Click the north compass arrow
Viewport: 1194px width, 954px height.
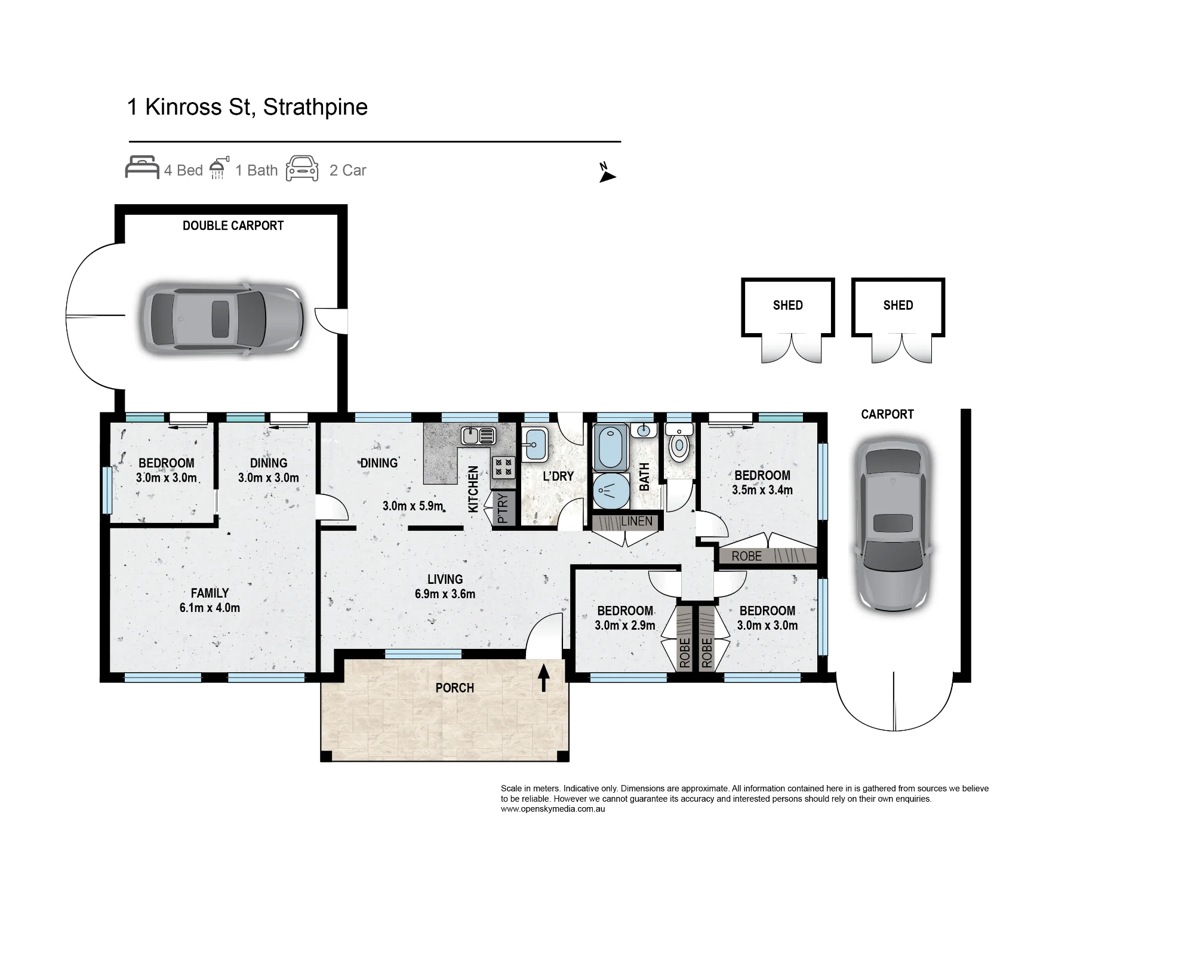coord(607,176)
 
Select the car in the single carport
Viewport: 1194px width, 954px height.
coord(893,525)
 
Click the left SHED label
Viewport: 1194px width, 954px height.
coord(787,305)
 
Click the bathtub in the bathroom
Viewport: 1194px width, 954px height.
coord(610,447)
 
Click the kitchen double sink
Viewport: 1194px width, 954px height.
coord(478,435)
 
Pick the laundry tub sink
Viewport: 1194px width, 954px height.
coord(536,444)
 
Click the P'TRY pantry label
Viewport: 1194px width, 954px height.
coord(503,507)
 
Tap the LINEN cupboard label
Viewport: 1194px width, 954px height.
coord(636,521)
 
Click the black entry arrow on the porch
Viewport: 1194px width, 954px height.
coord(544,678)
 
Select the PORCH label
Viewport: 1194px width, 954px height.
coord(454,688)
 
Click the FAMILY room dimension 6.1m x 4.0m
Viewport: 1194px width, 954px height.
coord(210,608)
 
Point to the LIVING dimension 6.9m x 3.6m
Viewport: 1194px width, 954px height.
coord(445,594)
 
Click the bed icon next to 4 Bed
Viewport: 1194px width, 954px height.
coord(142,168)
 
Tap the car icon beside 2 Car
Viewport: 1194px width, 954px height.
coord(302,168)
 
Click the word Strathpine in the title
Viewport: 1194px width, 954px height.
coord(315,107)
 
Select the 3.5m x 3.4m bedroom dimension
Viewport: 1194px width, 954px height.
coord(762,490)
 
